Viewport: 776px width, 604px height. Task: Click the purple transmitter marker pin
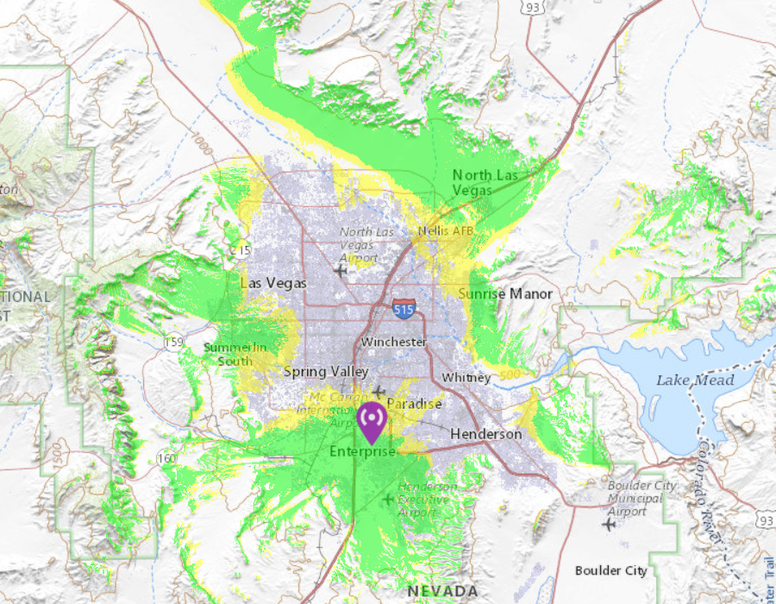click(x=372, y=420)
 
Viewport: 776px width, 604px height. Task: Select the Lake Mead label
click(x=695, y=380)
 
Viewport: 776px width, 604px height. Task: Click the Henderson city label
click(x=485, y=434)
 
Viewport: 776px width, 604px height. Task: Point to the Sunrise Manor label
click(x=505, y=294)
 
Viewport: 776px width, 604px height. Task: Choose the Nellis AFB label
click(x=446, y=231)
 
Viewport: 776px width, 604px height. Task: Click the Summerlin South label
click(x=235, y=355)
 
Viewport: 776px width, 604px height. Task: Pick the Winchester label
click(x=394, y=342)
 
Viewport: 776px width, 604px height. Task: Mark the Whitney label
click(x=466, y=378)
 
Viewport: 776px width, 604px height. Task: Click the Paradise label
click(x=414, y=404)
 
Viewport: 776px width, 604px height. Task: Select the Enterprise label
click(x=362, y=452)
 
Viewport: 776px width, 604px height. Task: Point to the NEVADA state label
click(x=443, y=591)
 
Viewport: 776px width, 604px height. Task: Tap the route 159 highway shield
click(x=174, y=343)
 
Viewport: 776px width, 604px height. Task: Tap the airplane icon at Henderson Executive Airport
click(x=387, y=500)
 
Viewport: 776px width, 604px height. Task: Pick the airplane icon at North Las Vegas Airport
click(x=341, y=271)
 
